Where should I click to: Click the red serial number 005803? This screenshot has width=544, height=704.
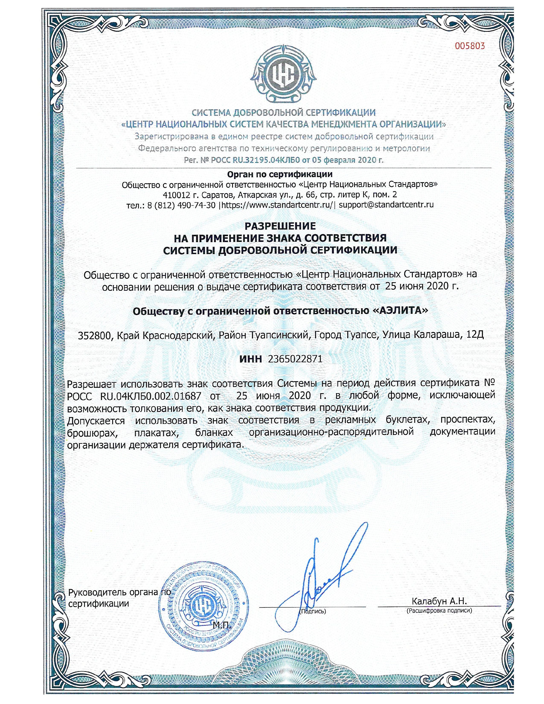tap(470, 46)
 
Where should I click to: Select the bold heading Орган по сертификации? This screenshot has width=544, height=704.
tap(280, 175)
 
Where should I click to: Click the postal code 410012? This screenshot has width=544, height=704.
tap(174, 195)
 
